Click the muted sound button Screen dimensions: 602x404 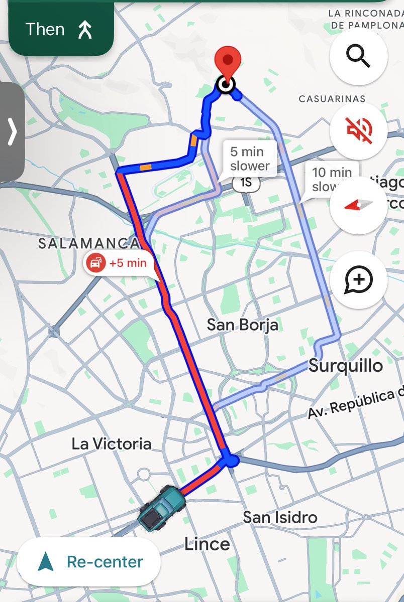tap(358, 130)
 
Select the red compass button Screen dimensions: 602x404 tap(358, 205)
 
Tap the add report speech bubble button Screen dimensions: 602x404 tap(358, 279)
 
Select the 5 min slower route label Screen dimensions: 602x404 tap(249, 158)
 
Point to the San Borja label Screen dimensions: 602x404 tap(242, 325)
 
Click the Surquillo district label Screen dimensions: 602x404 tap(346, 365)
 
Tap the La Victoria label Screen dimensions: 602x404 tap(111, 443)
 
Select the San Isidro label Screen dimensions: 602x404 tap(280, 517)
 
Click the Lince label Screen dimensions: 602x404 tap(207, 543)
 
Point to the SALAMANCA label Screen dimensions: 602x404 tap(89, 243)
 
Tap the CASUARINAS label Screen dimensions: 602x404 tap(332, 99)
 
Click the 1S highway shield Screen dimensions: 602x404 tap(246, 183)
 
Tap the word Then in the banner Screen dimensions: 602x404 tap(45, 30)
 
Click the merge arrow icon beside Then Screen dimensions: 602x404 tap(85, 30)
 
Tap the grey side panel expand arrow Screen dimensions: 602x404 tap(12, 131)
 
